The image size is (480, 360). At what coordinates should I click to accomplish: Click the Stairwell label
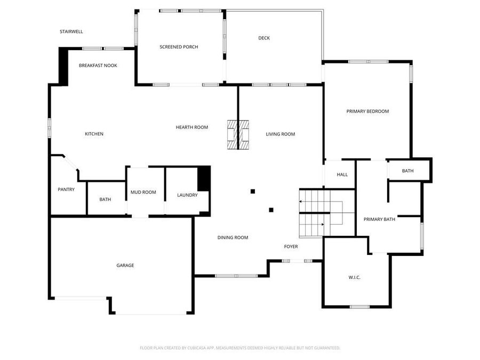click(71, 32)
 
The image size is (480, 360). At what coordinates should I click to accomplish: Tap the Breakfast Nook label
click(98, 66)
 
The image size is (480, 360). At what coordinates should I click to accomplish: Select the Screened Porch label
click(179, 47)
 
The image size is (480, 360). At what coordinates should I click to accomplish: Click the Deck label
click(264, 38)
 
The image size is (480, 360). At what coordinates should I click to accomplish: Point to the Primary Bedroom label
click(367, 111)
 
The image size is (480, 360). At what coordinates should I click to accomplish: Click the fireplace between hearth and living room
click(238, 134)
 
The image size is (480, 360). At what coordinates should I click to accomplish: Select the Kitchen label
click(94, 134)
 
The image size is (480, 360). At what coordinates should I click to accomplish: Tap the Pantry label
click(66, 189)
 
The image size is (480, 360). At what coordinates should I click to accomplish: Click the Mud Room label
click(143, 192)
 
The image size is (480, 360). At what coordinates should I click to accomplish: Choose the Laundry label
click(187, 195)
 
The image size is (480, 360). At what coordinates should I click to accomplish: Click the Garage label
click(125, 265)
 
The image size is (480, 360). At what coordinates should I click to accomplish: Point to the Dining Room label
click(233, 237)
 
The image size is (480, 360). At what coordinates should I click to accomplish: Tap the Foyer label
click(291, 246)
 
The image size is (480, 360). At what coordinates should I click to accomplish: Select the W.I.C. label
click(354, 277)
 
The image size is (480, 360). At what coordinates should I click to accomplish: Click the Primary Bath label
click(379, 219)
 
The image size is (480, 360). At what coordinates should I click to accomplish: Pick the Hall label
click(342, 174)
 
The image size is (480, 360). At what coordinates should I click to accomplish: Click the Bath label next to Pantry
click(105, 199)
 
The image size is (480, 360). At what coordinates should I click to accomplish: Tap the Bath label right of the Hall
click(407, 171)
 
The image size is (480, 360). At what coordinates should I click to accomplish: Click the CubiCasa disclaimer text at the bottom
click(240, 348)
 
